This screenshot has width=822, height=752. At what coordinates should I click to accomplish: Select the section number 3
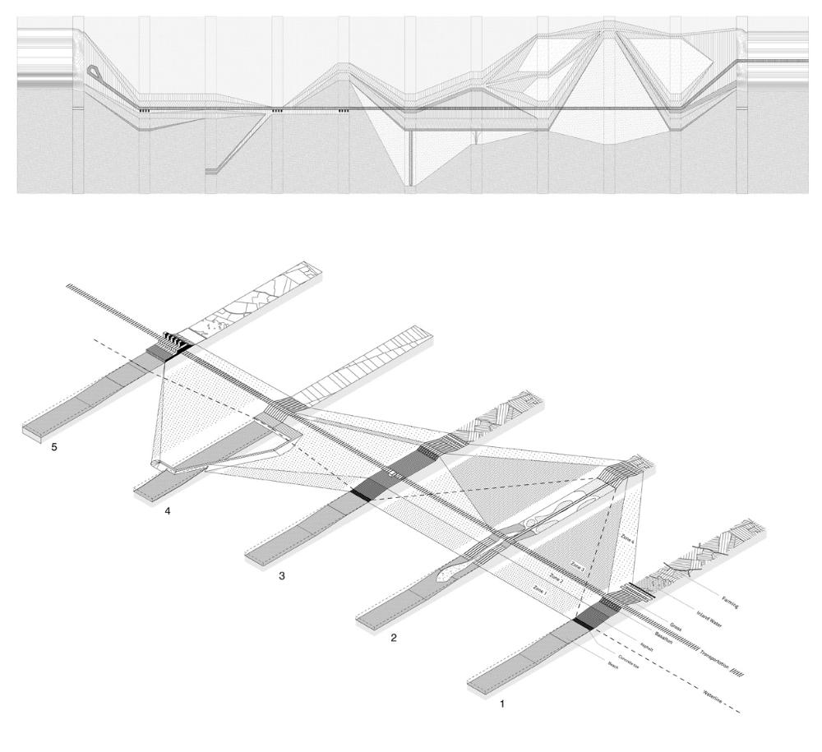coord(282,576)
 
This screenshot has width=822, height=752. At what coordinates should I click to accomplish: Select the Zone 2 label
coord(558,578)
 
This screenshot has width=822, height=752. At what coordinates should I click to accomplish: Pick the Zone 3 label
coord(578,565)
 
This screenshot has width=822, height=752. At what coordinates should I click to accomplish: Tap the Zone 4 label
coord(628,538)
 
